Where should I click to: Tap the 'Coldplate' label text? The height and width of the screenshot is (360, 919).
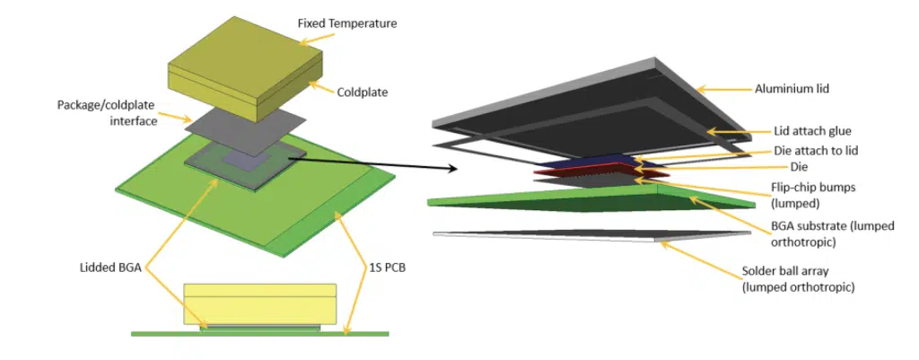click(363, 92)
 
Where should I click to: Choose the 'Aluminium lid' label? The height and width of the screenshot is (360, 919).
click(783, 89)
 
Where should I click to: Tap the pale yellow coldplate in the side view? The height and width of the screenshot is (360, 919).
click(259, 304)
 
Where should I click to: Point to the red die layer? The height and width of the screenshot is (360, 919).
click(601, 170)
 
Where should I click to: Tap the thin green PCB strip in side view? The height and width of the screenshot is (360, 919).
click(259, 334)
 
